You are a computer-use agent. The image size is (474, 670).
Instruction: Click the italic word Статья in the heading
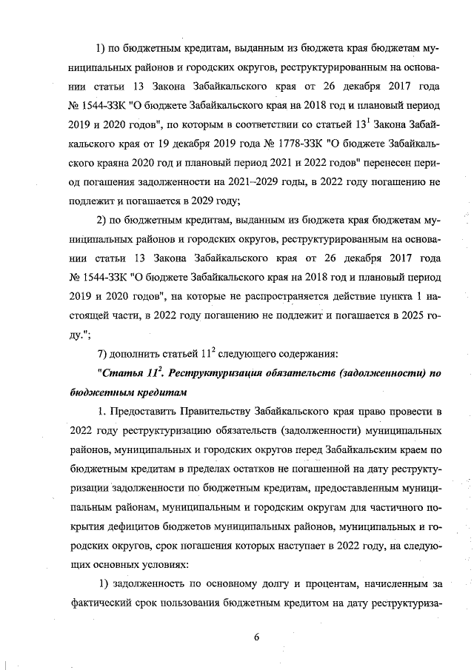point(124,372)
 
